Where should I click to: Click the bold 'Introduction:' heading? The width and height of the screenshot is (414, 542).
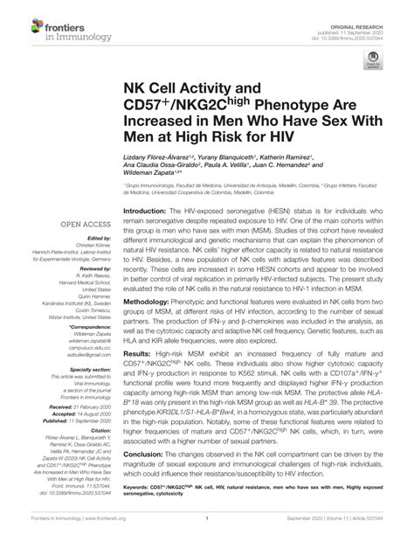point(150,212)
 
